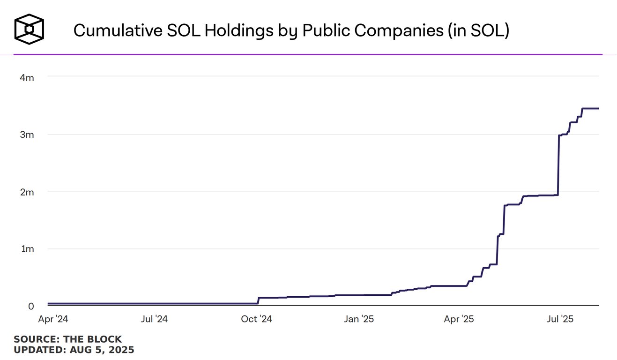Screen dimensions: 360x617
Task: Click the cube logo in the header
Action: pos(29,29)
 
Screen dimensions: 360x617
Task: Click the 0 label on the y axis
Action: pos(31,306)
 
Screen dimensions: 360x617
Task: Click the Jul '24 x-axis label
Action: pos(155,319)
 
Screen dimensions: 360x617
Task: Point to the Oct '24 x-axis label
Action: pos(256,319)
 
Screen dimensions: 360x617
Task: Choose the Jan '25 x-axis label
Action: pos(359,319)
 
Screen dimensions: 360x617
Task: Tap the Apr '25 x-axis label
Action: pos(459,319)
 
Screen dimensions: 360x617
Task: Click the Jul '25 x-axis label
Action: pos(560,319)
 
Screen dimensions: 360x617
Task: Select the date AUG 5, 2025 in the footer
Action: pos(102,350)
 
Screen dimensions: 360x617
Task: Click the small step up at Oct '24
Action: pos(258,300)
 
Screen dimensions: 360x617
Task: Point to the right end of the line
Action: pos(598,109)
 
